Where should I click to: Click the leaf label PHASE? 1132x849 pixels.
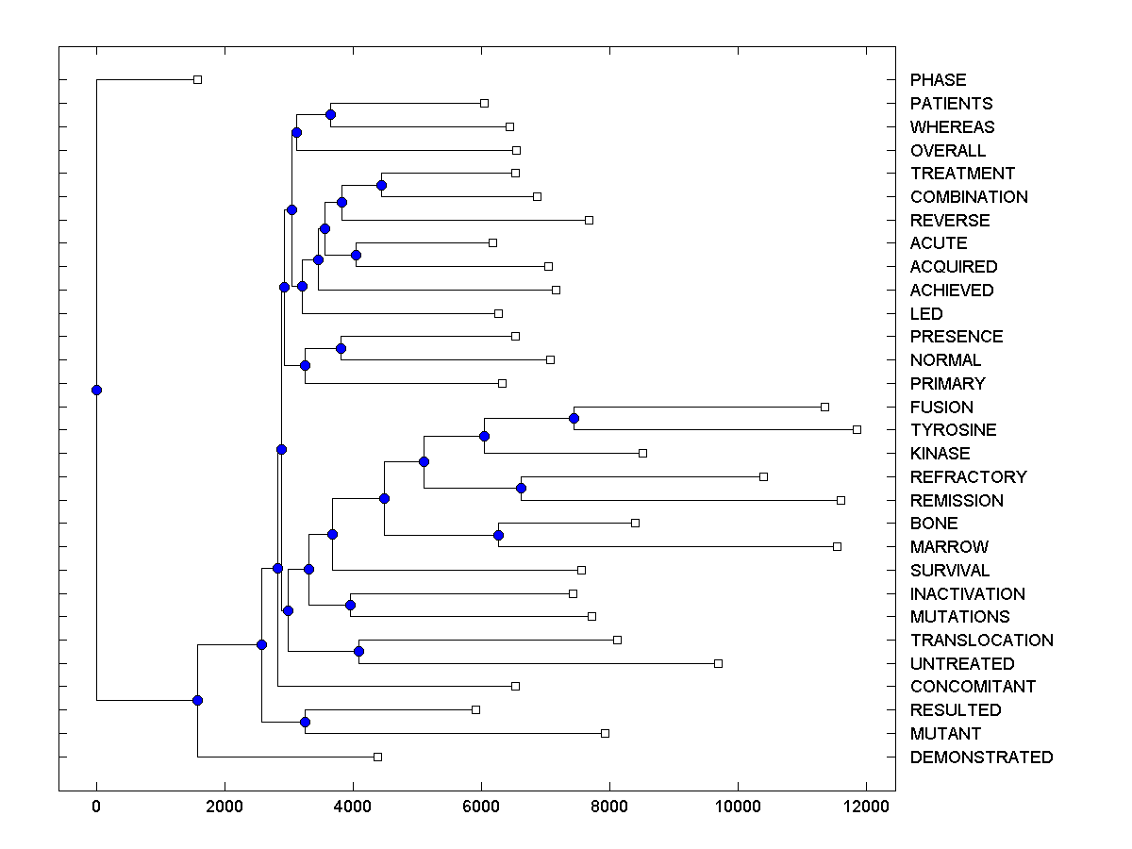[938, 80]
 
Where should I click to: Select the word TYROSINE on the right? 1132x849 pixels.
[953, 430]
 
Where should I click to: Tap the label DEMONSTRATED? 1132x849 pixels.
[981, 757]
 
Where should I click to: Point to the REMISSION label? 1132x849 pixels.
[957, 501]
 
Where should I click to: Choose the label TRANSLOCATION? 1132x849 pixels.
[981, 641]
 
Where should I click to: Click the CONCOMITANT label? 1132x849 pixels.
[973, 687]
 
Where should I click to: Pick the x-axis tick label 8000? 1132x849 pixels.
[609, 806]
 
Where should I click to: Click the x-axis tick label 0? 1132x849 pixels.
[96, 806]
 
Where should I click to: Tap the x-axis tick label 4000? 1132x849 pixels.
[353, 806]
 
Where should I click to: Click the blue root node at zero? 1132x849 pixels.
[96, 390]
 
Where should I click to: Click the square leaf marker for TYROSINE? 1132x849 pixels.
[857, 429]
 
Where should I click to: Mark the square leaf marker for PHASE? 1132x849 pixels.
[197, 79]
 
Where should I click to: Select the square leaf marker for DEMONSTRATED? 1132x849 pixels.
[377, 757]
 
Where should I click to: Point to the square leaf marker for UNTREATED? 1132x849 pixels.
[718, 663]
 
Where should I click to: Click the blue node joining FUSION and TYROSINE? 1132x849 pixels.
[574, 418]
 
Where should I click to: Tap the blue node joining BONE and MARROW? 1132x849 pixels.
[498, 535]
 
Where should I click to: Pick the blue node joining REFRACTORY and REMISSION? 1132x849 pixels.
[521, 488]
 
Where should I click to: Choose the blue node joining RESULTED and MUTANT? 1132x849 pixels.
[305, 722]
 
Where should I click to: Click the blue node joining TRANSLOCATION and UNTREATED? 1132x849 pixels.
[358, 651]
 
